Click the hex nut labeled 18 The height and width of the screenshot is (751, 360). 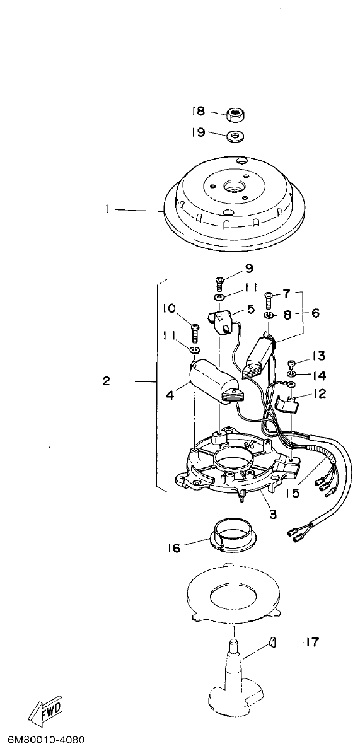click(236, 115)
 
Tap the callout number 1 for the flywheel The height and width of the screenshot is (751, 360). click(108, 209)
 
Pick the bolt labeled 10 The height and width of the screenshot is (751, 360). click(195, 330)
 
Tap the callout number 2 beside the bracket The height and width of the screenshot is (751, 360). click(105, 381)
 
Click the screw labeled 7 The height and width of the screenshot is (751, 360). click(269, 295)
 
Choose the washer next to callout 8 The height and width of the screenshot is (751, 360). click(268, 315)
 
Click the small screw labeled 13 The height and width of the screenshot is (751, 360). click(292, 363)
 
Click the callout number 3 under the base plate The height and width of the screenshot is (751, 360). click(272, 515)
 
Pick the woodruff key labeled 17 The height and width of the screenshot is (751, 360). click(272, 641)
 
